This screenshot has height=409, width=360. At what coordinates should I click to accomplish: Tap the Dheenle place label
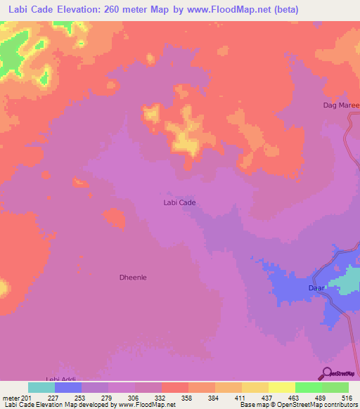pyautogui.click(x=132, y=278)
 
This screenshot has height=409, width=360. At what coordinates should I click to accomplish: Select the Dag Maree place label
pyautogui.click(x=336, y=105)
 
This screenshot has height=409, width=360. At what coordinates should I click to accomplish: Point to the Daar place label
pyautogui.click(x=316, y=288)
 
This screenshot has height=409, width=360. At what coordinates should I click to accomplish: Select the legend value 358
pyautogui.click(x=188, y=397)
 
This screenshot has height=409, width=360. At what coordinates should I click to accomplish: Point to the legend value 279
pyautogui.click(x=108, y=397)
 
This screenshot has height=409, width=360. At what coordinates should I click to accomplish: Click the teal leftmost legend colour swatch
pyautogui.click(x=41, y=387)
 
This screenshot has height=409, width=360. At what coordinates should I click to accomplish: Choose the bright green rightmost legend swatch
pyautogui.click(x=335, y=387)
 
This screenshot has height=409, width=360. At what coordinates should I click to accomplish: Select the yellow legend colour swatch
pyautogui.click(x=255, y=387)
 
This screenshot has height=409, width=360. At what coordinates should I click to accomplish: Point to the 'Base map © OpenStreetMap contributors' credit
pyautogui.click(x=297, y=405)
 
